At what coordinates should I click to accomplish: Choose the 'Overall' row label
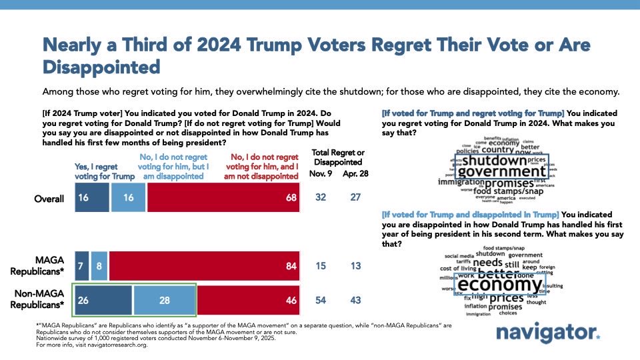51,199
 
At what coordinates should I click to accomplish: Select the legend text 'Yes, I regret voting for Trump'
98,171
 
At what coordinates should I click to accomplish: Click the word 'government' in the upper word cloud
501,172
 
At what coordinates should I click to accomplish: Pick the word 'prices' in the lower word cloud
507,297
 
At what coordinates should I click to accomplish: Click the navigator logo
548,333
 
